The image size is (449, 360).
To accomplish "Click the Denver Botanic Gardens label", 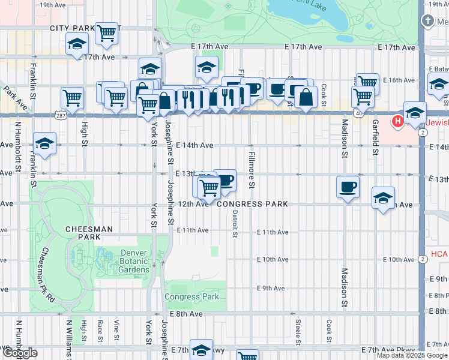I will click(134, 261).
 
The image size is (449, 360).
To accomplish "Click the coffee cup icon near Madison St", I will click(348, 187).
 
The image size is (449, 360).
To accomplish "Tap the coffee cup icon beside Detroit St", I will click(224, 180).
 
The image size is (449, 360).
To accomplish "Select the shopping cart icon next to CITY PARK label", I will click(106, 34).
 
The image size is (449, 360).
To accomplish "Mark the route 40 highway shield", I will click(358, 112).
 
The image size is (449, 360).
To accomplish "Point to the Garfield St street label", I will click(375, 137).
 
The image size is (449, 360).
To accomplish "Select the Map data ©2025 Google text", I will click(411, 355).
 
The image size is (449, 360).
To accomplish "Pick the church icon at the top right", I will click(427, 22).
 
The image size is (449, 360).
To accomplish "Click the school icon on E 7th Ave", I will click(202, 350).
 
